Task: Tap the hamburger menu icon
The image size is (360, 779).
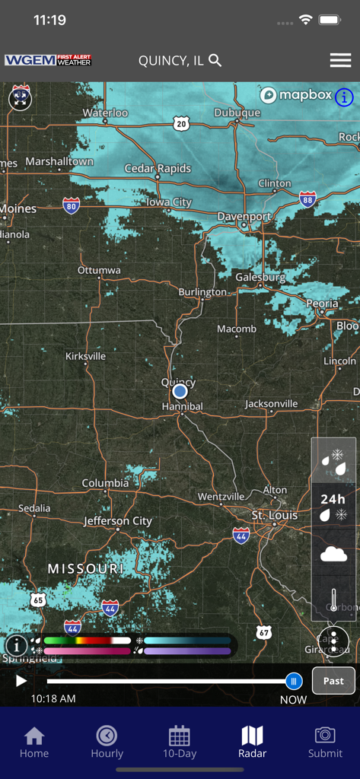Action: [x=340, y=61]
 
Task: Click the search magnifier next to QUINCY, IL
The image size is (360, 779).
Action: [x=215, y=60]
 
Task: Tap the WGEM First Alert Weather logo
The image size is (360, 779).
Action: [x=48, y=60]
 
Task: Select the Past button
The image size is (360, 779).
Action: [x=333, y=681]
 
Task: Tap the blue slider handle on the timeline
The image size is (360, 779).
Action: [x=294, y=681]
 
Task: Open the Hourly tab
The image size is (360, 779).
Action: [x=107, y=742]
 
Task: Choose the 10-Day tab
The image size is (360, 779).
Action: [x=180, y=742]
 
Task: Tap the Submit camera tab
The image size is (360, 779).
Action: [x=325, y=742]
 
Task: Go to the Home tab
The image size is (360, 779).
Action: [x=34, y=742]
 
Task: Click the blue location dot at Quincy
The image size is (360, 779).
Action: [x=180, y=391]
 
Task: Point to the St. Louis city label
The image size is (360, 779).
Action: [x=275, y=515]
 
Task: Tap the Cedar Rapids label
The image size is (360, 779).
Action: [x=158, y=168]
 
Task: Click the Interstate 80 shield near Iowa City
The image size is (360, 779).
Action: [x=72, y=205]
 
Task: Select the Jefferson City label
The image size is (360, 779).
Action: [x=118, y=521]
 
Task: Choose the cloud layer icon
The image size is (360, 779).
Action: [x=333, y=554]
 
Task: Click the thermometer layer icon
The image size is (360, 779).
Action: [x=333, y=599]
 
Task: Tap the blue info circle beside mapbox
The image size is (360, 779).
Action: [x=344, y=97]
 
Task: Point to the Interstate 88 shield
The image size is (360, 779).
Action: [x=307, y=199]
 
